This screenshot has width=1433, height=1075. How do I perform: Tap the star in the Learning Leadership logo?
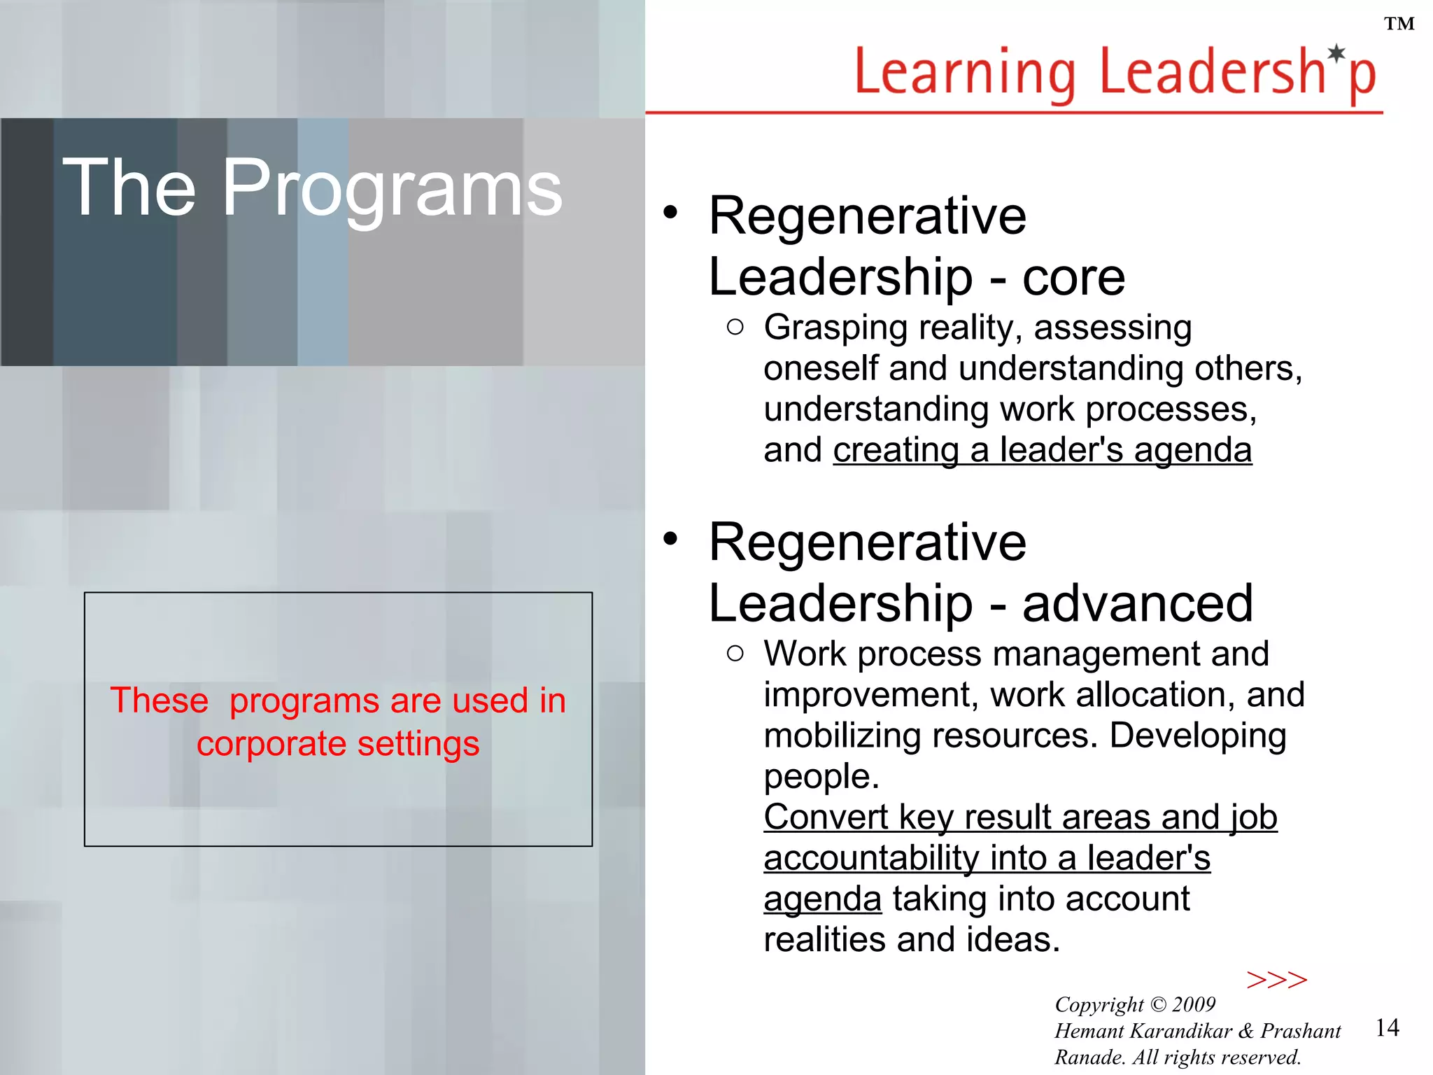tap(1337, 53)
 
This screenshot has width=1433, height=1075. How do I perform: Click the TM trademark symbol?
tap(1399, 24)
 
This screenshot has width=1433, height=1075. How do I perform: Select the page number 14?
tap(1387, 1027)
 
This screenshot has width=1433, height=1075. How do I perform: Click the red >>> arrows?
tap(1276, 980)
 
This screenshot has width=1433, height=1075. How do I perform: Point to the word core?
tap(1073, 278)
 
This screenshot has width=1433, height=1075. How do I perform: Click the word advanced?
tap(1137, 604)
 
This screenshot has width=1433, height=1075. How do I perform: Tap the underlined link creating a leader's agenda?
tap(1042, 450)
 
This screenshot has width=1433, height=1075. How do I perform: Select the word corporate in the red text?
tap(271, 744)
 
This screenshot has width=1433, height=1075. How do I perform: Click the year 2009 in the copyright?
tap(1194, 1004)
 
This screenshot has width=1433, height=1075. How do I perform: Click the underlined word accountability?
tap(870, 859)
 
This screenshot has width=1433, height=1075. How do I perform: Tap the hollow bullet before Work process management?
tap(735, 654)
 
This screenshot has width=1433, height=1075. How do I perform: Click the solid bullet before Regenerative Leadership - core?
tap(670, 213)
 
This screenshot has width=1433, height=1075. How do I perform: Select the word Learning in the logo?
tap(965, 73)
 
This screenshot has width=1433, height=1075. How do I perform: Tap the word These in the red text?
tap(160, 701)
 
